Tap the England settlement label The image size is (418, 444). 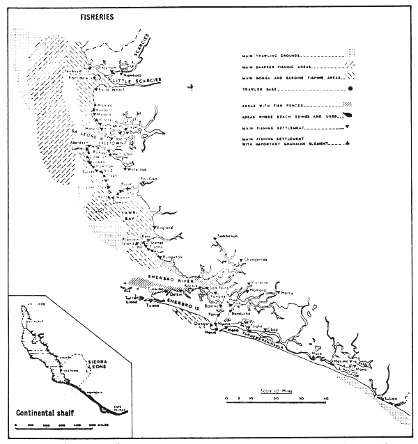point(164,226)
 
